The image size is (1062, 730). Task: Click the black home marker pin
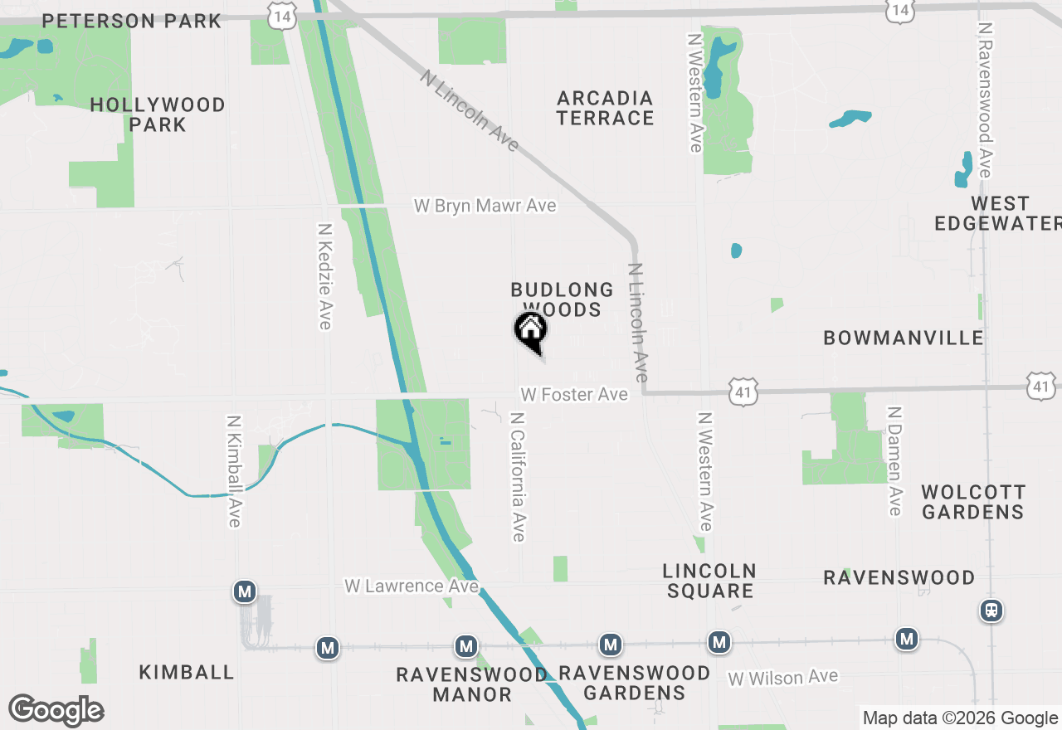point(531,331)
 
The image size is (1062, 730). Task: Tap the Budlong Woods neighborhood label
point(562,299)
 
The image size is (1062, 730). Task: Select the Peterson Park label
point(132,21)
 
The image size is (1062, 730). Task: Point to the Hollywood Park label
point(158,114)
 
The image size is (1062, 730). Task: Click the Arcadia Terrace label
point(605,108)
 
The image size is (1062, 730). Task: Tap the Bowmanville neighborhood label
point(903,338)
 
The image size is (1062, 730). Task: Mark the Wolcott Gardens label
point(972,502)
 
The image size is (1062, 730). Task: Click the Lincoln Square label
point(709,581)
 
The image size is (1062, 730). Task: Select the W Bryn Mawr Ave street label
point(485,206)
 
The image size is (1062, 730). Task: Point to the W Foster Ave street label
point(574,395)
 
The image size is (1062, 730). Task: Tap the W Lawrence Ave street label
point(412,586)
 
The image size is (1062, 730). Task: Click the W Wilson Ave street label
point(782,678)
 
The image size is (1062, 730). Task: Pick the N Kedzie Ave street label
point(324,275)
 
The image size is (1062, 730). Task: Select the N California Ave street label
point(518,477)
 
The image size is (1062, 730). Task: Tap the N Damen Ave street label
point(894,460)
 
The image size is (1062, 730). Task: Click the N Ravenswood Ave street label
point(985,100)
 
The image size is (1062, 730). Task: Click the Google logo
point(56,711)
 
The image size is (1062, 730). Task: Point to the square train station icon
point(991,611)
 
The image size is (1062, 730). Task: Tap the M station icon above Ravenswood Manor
point(466,646)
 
